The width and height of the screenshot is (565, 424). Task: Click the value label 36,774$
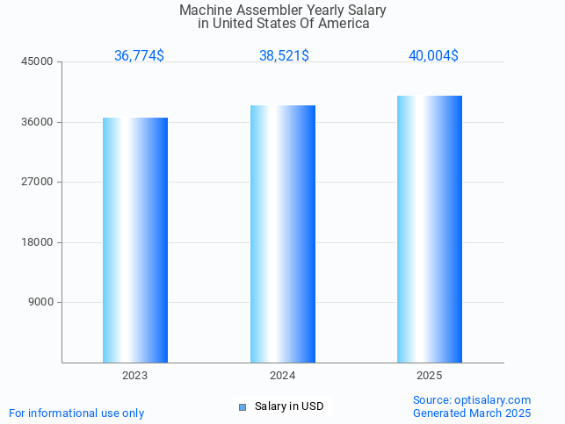139,55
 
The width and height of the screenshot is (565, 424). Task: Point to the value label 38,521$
284,55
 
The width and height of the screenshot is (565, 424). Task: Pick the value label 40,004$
433,55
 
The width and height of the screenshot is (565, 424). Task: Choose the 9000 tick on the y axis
42,302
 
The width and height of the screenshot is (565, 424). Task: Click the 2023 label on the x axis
135,375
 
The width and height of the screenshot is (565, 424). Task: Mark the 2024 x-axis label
283,375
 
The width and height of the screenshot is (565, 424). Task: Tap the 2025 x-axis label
430,375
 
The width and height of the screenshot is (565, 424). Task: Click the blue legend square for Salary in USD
243,406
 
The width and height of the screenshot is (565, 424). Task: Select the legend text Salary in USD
289,406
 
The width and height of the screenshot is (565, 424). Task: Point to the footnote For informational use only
76,413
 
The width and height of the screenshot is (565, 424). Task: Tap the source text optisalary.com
492,399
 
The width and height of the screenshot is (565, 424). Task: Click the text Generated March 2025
472,413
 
